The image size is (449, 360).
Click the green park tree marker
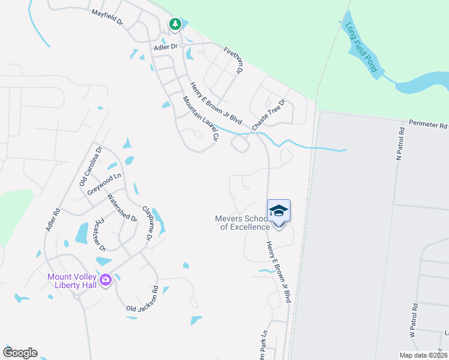175,25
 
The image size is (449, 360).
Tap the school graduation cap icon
279,211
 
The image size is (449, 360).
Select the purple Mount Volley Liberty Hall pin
106,280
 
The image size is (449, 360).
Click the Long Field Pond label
361,47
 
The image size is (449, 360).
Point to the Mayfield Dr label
107,16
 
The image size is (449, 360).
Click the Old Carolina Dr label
92,165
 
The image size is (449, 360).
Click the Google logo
20,353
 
